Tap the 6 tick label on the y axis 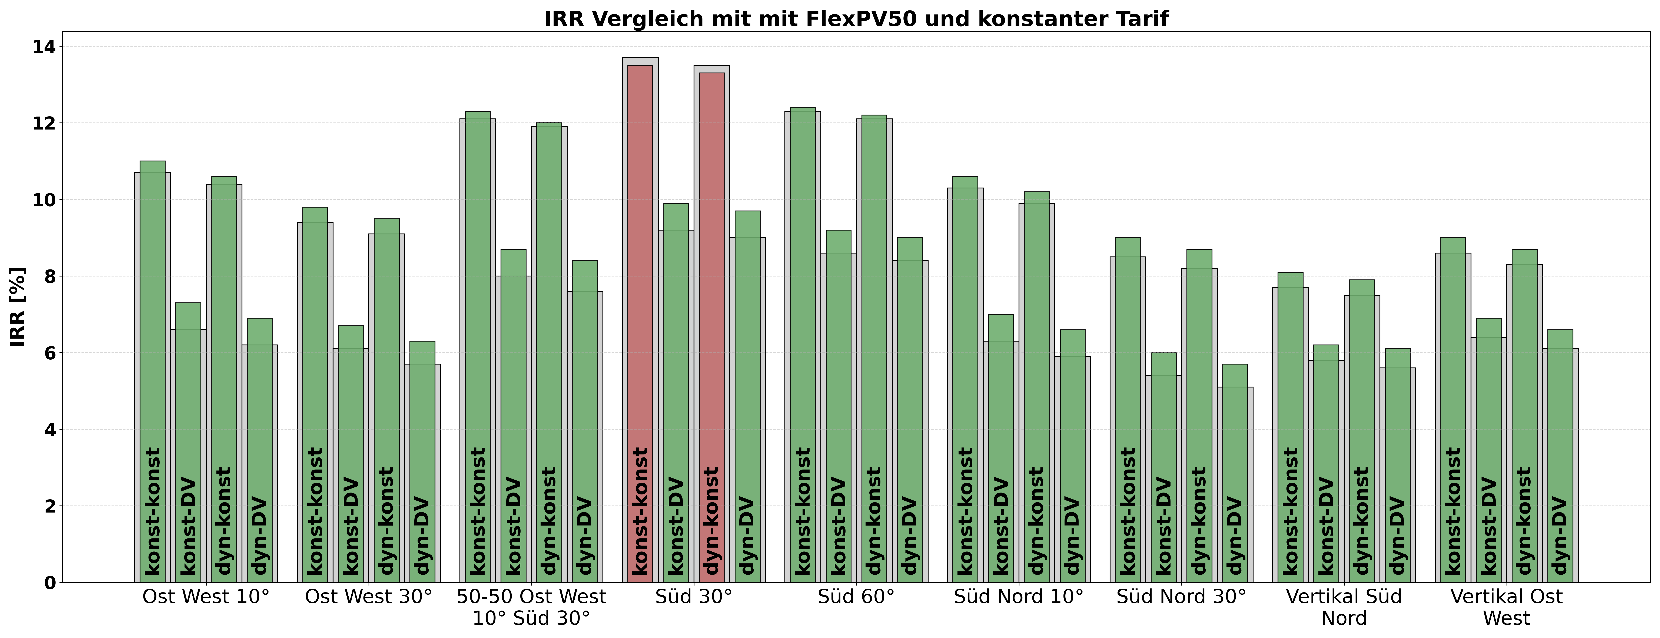coord(49,353)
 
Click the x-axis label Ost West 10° coord(206,597)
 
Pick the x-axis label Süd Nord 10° coord(1018,597)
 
